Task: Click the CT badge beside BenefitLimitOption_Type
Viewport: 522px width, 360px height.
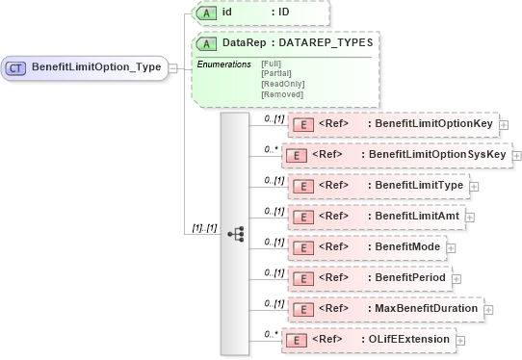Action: click(x=16, y=67)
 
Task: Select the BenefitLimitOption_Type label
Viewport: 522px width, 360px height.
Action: click(x=96, y=67)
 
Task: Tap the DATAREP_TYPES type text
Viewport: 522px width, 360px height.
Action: click(x=326, y=43)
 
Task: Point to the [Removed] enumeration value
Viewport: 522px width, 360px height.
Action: click(x=282, y=95)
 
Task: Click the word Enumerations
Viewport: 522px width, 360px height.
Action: click(x=223, y=64)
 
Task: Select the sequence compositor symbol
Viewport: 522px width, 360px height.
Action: click(x=235, y=233)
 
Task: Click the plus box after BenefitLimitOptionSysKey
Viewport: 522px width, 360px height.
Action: click(x=517, y=155)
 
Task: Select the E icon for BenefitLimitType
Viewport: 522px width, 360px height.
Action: click(x=303, y=185)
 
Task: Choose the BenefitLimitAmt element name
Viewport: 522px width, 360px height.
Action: click(x=415, y=217)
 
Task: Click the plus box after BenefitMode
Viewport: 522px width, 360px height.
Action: click(x=451, y=247)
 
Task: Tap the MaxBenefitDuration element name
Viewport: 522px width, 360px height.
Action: click(x=427, y=309)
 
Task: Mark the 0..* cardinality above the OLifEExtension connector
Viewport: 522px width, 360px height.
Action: click(x=272, y=332)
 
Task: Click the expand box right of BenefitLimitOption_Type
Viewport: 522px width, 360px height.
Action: click(x=173, y=67)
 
